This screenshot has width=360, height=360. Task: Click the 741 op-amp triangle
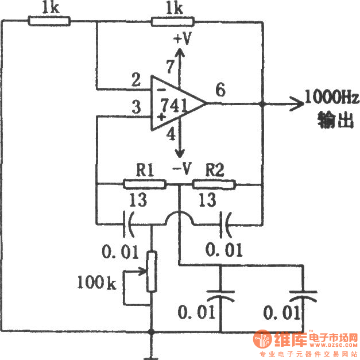pos(175,104)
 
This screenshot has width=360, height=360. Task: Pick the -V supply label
pos(183,169)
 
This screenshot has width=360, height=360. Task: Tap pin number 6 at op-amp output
pos(221,90)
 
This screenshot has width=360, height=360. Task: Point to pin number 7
pos(169,66)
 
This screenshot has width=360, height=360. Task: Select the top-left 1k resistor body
pos(49,22)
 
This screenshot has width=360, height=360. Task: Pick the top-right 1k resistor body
pos(173,22)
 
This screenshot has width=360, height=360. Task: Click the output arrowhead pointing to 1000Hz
pos(296,104)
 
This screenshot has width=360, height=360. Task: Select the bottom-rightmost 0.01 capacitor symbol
pos(303,296)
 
